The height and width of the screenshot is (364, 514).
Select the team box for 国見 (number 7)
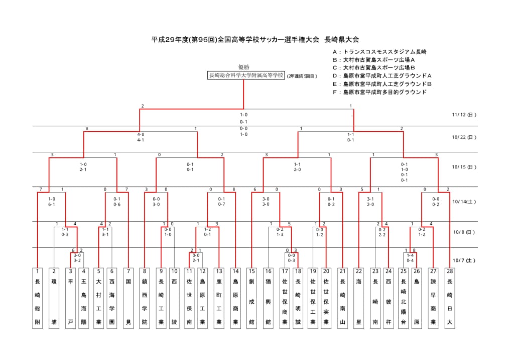(128, 298)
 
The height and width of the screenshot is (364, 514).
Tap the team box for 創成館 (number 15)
(251, 298)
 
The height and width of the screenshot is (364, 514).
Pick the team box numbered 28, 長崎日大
(450, 298)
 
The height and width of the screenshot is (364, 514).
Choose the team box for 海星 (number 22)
(359, 298)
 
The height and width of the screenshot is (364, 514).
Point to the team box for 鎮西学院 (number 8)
(145, 298)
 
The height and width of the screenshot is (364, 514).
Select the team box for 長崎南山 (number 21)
(342, 298)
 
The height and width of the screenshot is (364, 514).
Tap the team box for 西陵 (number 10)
(175, 298)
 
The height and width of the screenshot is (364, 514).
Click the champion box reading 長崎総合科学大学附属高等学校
(246, 75)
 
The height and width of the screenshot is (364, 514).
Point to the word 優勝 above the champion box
(243, 67)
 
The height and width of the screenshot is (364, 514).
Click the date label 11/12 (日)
(464, 115)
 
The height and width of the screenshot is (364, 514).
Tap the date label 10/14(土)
(464, 201)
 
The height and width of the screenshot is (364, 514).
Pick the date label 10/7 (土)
(464, 260)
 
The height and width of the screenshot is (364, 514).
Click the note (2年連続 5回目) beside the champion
(302, 76)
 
